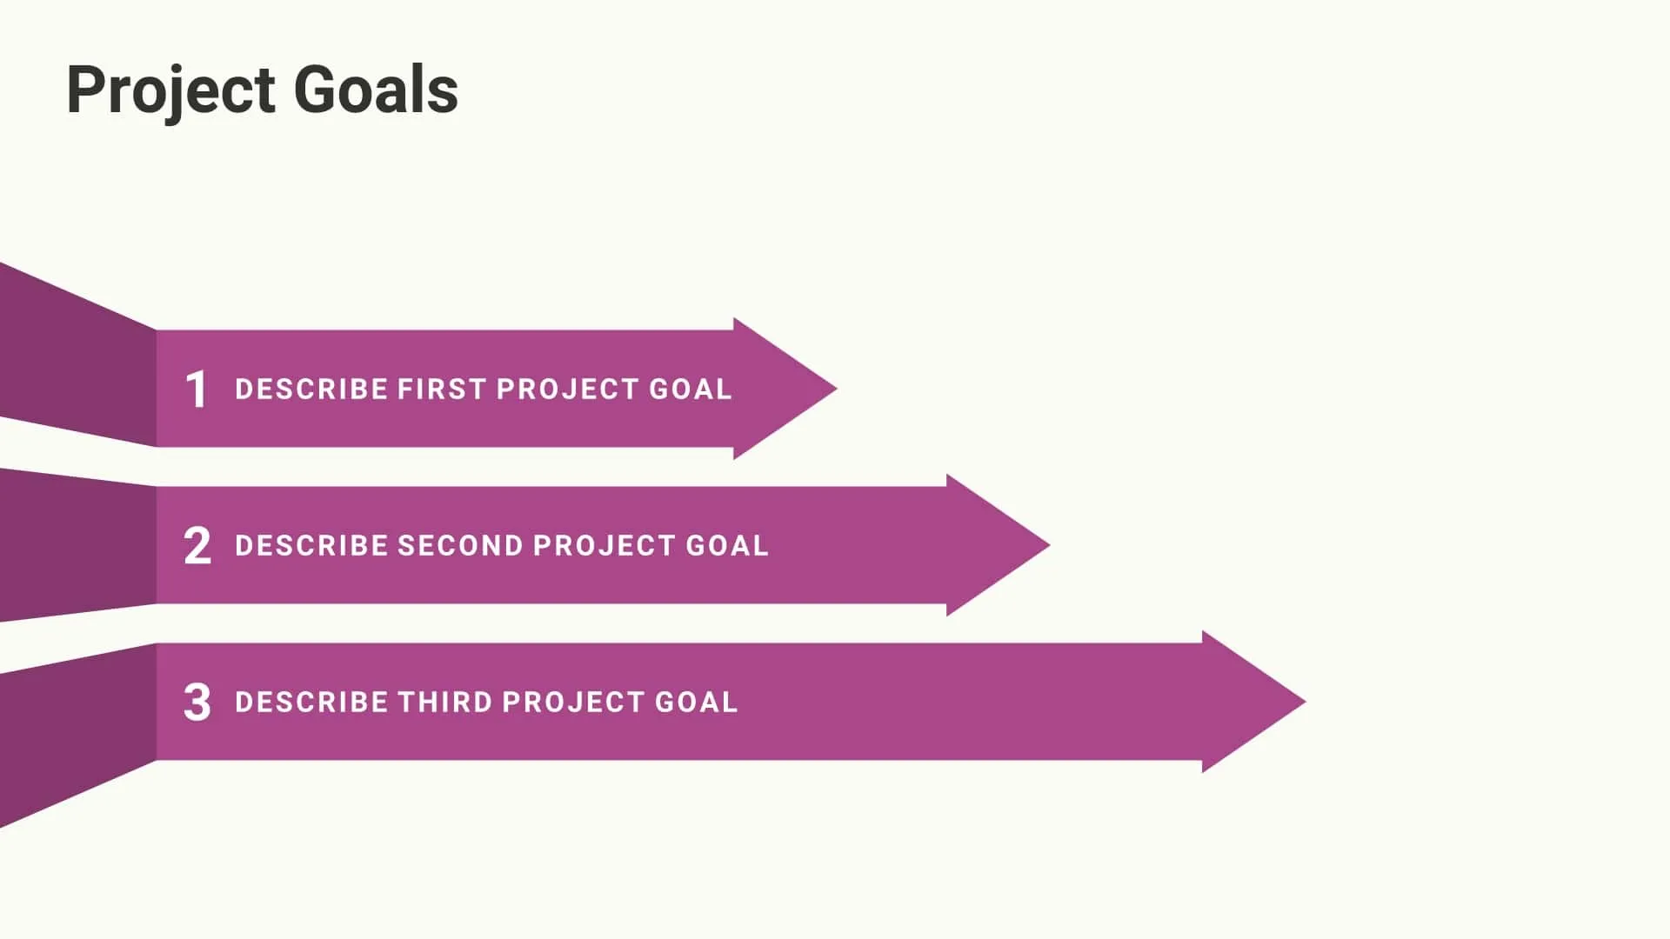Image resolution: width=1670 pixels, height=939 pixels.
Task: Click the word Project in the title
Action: (171, 90)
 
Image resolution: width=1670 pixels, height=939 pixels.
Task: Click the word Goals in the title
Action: (376, 90)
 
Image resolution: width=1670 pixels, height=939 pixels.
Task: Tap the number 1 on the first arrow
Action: (197, 389)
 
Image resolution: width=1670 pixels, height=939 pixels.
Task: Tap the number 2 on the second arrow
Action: (197, 546)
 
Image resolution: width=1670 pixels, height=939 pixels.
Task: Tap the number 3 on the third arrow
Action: (197, 703)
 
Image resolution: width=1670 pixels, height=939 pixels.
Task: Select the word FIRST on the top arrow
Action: (442, 389)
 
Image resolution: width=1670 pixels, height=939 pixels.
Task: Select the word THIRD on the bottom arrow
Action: (444, 702)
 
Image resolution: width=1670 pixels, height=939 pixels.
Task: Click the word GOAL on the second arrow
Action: (727, 545)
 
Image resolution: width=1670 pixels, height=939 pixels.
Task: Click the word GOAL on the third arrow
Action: (696, 702)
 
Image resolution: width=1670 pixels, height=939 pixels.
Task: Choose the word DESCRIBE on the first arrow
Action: (311, 389)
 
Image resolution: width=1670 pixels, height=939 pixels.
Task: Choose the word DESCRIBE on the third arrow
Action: (311, 702)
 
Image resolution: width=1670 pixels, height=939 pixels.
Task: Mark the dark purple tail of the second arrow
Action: (78, 545)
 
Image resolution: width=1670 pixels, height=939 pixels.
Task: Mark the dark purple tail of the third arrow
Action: (78, 730)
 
